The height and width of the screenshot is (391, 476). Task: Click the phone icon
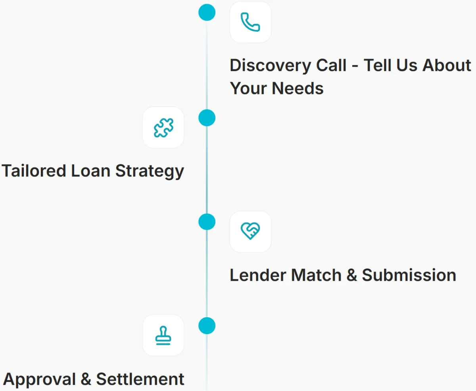point(250,22)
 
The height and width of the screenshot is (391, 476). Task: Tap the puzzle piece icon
point(163,128)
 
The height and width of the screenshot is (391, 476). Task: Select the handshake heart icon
point(250,231)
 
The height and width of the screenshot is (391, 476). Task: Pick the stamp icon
point(163,335)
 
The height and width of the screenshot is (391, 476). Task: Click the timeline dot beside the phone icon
point(207,12)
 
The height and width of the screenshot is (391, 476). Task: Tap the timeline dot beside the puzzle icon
point(207,118)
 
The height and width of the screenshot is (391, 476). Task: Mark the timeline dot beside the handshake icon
point(207,222)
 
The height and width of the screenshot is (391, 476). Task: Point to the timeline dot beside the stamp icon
point(207,326)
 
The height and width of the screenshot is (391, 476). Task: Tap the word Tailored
point(34,171)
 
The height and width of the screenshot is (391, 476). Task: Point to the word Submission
point(409,275)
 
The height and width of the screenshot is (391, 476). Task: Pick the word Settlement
point(140,379)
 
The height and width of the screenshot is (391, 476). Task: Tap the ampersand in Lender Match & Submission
point(351,275)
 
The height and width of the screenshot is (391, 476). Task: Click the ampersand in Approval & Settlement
point(86,379)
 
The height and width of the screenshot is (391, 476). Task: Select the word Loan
point(91,171)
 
